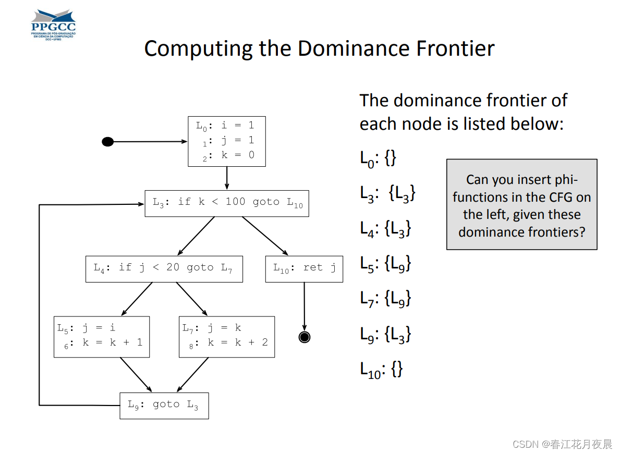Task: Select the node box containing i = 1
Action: point(226,141)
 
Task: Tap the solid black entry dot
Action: point(107,141)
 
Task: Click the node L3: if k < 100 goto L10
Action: point(227,203)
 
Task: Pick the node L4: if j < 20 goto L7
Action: point(164,268)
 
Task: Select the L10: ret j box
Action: point(304,268)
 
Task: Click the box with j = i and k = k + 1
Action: point(102,337)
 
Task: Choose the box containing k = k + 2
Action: point(226,337)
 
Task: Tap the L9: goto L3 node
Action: point(164,406)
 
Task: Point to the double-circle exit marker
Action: point(305,337)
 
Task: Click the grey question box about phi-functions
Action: point(521,205)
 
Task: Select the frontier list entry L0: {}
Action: point(379,158)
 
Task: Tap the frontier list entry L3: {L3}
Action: point(388,193)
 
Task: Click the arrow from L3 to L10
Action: point(264,236)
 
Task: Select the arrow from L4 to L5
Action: point(137,299)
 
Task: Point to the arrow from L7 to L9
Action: point(193,375)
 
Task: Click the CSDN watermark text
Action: point(562,444)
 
